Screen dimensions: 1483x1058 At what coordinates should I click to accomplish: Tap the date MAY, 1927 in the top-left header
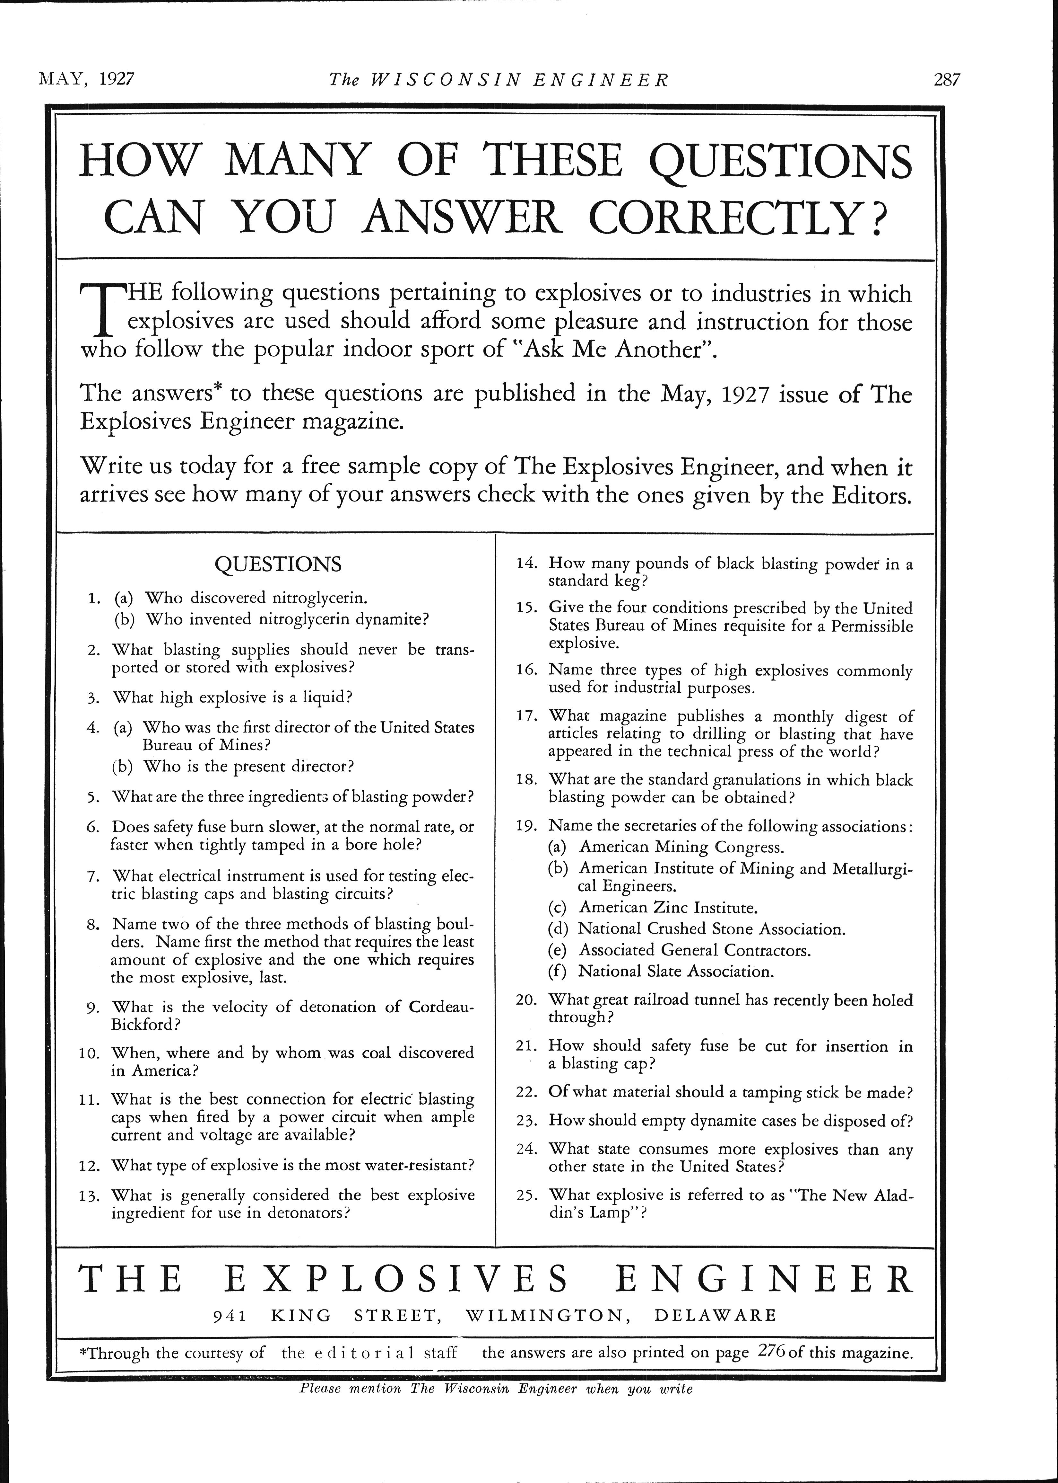pos(87,80)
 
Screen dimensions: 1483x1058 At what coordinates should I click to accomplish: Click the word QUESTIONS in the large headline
pos(781,161)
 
